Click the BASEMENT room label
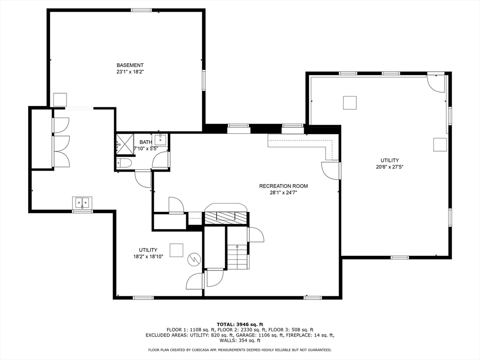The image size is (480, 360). [x=130, y=65]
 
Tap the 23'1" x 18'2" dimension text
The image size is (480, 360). [x=130, y=72]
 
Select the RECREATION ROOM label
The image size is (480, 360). [x=283, y=186]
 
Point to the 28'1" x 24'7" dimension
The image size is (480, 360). [x=283, y=193]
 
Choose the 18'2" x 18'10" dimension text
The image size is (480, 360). [x=148, y=256]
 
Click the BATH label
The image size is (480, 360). [x=145, y=142]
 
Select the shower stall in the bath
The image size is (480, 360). [x=124, y=143]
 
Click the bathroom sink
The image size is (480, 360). [x=161, y=139]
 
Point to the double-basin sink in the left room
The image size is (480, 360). [x=82, y=203]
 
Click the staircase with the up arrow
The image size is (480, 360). [x=237, y=257]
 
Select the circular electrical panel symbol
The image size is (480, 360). [x=194, y=259]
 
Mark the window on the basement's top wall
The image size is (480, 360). [x=141, y=10]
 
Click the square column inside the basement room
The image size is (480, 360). [x=60, y=99]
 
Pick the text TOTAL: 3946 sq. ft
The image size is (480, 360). [x=240, y=324]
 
